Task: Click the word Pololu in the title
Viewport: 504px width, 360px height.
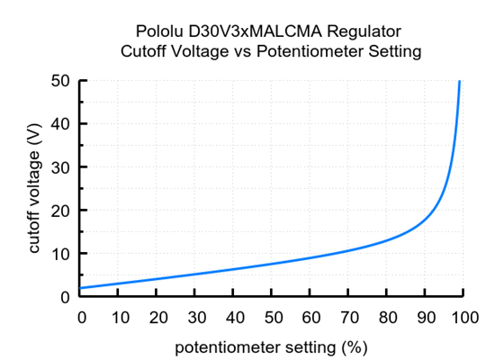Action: [161, 31]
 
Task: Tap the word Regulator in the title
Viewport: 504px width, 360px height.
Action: [354, 31]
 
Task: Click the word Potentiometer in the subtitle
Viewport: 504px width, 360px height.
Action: [309, 51]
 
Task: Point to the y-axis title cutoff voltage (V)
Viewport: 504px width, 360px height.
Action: [35, 189]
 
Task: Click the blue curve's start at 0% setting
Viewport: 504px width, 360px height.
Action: [82, 288]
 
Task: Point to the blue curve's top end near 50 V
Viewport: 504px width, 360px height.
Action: [460, 82]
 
